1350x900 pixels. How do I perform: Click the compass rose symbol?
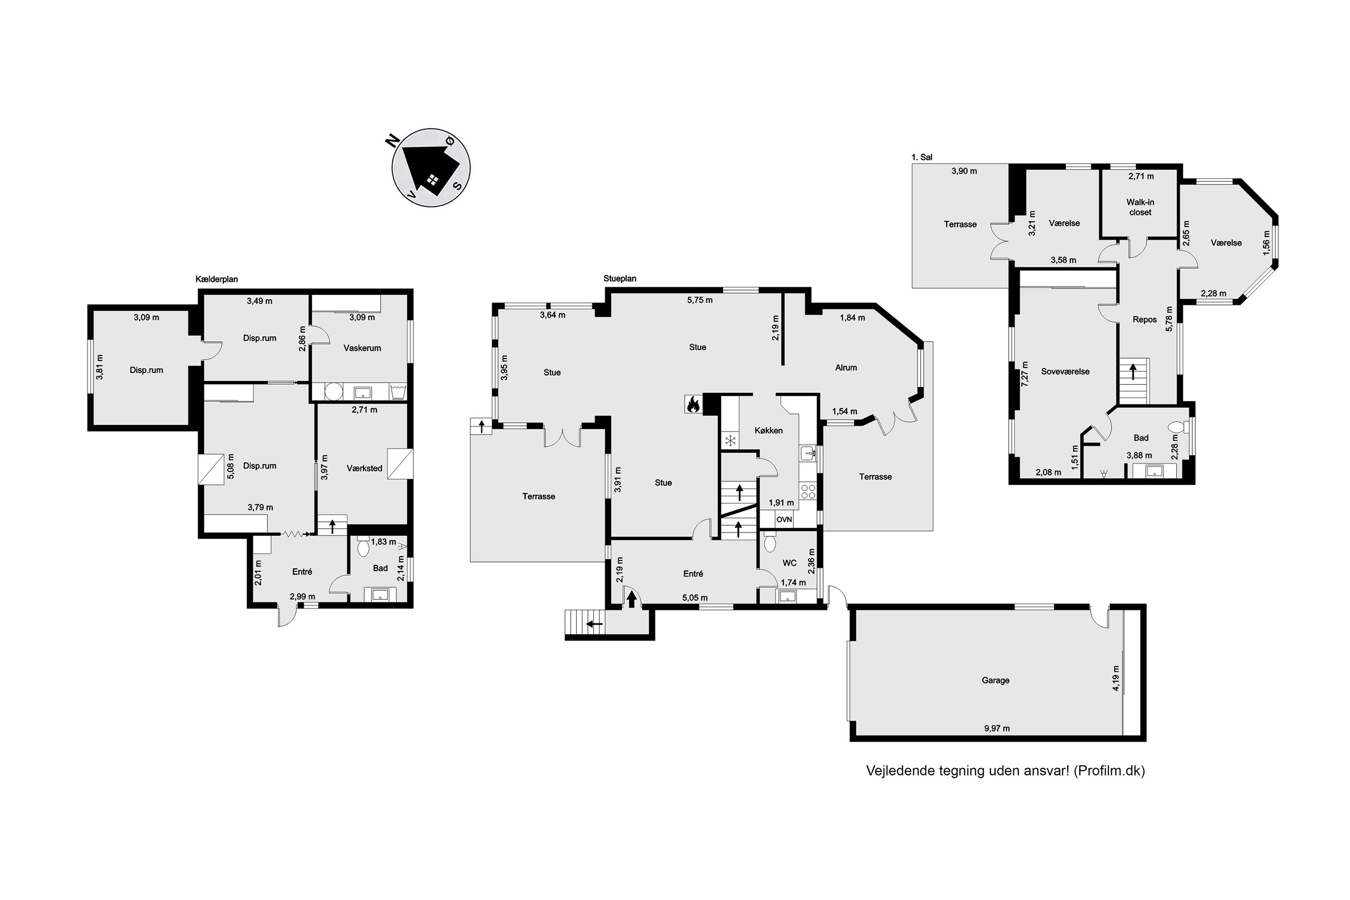[x=431, y=167]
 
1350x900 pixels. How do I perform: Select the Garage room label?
[x=995, y=680]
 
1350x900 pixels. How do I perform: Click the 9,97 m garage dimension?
[x=997, y=729]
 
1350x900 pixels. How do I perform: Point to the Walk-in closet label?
[x=1140, y=207]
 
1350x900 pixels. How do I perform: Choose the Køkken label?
[x=769, y=431]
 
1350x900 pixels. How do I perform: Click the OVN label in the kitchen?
[x=784, y=519]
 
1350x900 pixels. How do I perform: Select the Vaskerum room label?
[x=362, y=348]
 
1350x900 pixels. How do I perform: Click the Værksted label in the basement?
[x=364, y=468]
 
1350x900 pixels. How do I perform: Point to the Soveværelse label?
[x=1065, y=371]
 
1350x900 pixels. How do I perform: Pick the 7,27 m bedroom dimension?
[x=1025, y=373]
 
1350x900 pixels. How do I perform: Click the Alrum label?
[x=846, y=367]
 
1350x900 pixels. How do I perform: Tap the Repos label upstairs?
[x=1144, y=319]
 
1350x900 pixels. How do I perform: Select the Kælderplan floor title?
[x=216, y=279]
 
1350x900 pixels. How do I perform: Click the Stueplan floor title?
[x=620, y=279]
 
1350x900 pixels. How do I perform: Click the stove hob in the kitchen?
[x=808, y=491]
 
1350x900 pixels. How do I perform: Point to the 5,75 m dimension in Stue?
[x=700, y=300]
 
